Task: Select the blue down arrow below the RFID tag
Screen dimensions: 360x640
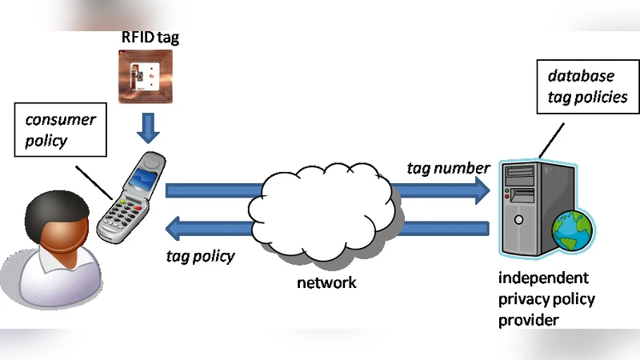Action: point(147,127)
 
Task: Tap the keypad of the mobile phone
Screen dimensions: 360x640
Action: point(121,213)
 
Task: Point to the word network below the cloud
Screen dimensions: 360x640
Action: point(326,282)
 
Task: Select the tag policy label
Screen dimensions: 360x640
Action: point(200,256)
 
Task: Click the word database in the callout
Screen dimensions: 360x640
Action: point(581,76)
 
